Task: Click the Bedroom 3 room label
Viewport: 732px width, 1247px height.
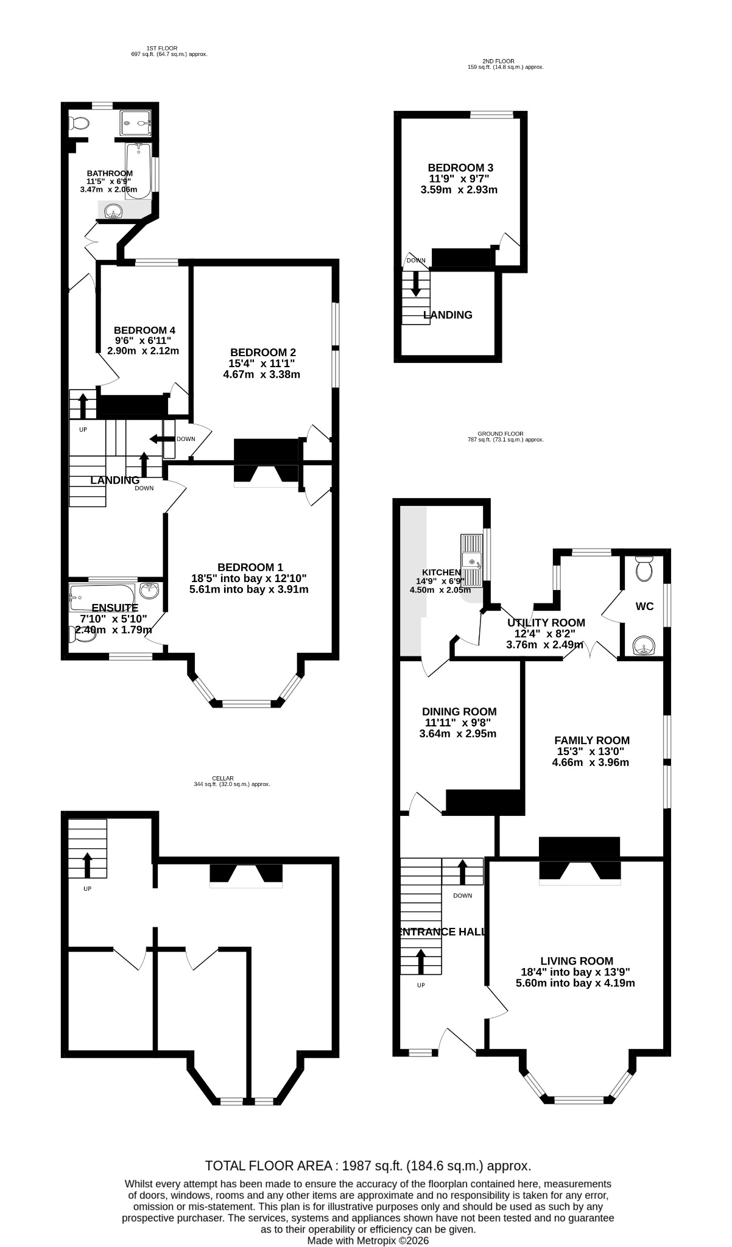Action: coord(460,167)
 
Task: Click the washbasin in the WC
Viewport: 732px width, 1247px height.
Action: coord(643,645)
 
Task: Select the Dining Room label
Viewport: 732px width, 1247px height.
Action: coord(459,712)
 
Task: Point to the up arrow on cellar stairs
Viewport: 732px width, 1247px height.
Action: coord(87,865)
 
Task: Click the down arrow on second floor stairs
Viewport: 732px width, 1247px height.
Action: coord(417,283)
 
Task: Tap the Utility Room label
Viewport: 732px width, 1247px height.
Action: coord(546,623)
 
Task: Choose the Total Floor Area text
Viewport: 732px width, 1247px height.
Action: coord(368,1166)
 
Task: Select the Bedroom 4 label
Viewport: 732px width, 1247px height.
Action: coord(143,331)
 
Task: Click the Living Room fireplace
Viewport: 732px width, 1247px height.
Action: coord(580,861)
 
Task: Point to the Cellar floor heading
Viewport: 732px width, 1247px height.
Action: coord(223,778)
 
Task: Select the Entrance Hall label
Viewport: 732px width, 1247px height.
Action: coord(442,932)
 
